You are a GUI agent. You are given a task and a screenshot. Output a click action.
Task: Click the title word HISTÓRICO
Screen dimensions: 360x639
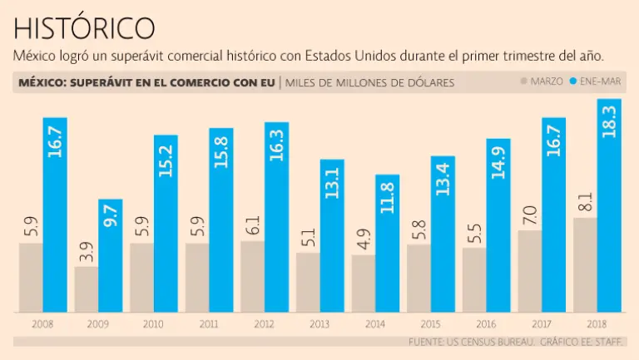coord(84,27)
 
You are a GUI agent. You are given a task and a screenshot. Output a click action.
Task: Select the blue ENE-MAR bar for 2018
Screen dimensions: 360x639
coord(609,208)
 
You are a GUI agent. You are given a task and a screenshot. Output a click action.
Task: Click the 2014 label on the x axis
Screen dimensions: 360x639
coord(375,323)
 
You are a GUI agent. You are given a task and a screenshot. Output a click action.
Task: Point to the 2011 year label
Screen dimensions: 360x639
coord(209,323)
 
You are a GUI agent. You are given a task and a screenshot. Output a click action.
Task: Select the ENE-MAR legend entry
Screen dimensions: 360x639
coord(599,81)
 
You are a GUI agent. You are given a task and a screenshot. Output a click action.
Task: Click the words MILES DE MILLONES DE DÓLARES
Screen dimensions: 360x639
coord(370,82)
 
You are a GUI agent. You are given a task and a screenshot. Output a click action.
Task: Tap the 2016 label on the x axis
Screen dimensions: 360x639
coord(486,323)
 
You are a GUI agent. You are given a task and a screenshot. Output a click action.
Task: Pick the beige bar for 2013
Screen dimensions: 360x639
coord(308,283)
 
